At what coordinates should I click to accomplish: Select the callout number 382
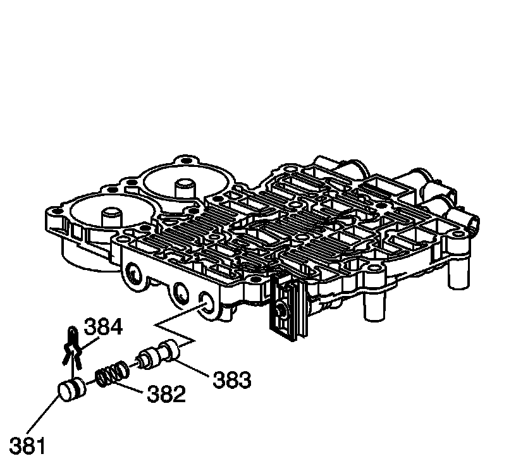[166, 394]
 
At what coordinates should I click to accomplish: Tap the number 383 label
[231, 380]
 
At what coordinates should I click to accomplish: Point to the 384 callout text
[103, 327]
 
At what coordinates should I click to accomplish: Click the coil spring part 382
[113, 374]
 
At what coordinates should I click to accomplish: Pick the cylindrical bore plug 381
[71, 390]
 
